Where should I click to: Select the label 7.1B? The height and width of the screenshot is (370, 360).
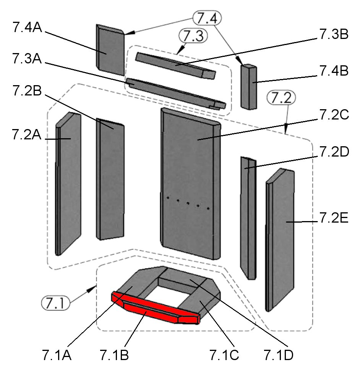click(114, 355)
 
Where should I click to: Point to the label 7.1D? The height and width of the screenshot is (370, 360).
click(278, 355)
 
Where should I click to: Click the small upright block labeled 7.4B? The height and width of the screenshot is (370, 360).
click(249, 87)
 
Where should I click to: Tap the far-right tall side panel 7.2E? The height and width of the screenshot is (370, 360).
click(281, 237)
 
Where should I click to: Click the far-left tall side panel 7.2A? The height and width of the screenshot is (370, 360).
click(69, 183)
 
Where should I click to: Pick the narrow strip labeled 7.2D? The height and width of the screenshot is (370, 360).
click(248, 218)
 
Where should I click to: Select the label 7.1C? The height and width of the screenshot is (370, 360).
click(224, 355)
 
